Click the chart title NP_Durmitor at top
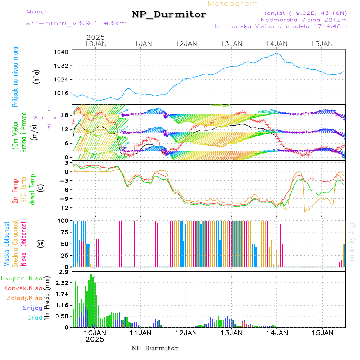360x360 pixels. pyautogui.click(x=169, y=15)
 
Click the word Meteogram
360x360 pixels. pyautogui.click(x=233, y=4)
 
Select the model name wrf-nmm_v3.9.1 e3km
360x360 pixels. pyautogui.click(x=76, y=23)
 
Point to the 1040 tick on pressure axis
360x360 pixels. pyautogui.click(x=64, y=52)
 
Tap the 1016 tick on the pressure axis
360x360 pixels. pyautogui.click(x=64, y=93)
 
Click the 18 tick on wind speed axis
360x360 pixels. pyautogui.click(x=66, y=116)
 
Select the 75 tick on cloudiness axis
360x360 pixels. pyautogui.click(x=65, y=232)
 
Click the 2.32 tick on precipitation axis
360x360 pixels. pyautogui.click(x=62, y=283)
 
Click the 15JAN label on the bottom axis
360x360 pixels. pyautogui.click(x=322, y=332)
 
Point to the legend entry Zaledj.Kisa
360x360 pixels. pyautogui.click(x=24, y=298)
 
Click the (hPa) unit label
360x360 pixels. pyautogui.click(x=36, y=76)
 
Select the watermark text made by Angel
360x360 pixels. pyautogui.click(x=352, y=240)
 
